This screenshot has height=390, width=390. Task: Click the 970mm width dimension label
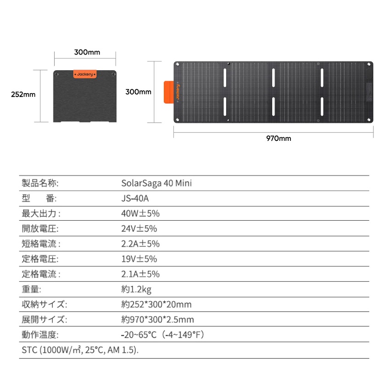pyautogui.click(x=279, y=139)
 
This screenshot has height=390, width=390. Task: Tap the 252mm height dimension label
pyautogui.click(x=23, y=95)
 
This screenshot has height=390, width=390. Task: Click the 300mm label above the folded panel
pyautogui.click(x=87, y=52)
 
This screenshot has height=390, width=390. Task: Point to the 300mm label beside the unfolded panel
pyautogui.click(x=139, y=92)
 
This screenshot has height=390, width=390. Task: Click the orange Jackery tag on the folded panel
pyautogui.click(x=85, y=74)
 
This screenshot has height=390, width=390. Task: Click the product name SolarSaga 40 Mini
pyautogui.click(x=156, y=183)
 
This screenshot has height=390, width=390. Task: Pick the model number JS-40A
pyautogui.click(x=135, y=198)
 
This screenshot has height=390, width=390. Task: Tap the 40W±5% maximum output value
pyautogui.click(x=140, y=213)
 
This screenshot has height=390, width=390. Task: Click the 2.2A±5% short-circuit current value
pyautogui.click(x=140, y=244)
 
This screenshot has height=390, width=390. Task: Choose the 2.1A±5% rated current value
pyautogui.click(x=140, y=274)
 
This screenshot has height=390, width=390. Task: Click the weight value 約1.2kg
pyautogui.click(x=136, y=289)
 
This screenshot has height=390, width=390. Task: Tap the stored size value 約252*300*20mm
pyautogui.click(x=156, y=304)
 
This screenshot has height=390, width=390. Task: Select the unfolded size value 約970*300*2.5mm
pyautogui.click(x=158, y=319)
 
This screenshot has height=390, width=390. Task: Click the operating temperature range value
pyautogui.click(x=162, y=334)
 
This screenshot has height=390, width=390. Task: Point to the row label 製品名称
pyautogui.click(x=40, y=183)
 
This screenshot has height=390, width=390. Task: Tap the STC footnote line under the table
pyautogui.click(x=80, y=350)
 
